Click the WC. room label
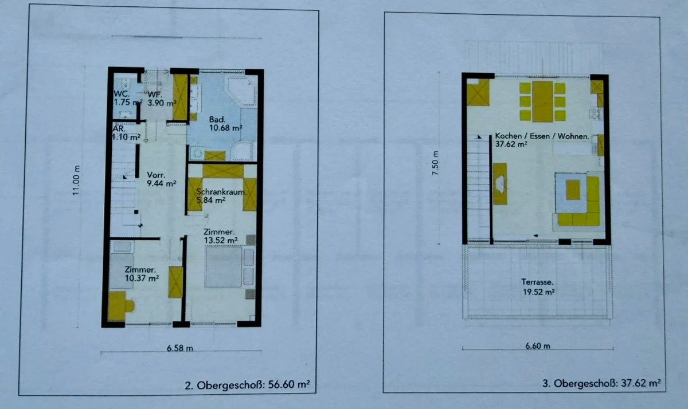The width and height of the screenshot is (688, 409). [122, 94]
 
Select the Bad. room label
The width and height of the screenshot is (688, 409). [217, 119]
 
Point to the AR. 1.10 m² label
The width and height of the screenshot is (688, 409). [126, 132]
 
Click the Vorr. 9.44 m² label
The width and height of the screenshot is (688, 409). [161, 179]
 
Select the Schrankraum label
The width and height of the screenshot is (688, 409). [221, 192]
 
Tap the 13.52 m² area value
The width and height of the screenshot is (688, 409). [221, 240]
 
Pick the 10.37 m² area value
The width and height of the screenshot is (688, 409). [142, 278]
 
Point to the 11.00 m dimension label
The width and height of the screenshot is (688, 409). [76, 180]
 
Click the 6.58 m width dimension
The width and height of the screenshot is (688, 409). [179, 348]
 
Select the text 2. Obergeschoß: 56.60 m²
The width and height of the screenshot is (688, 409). [247, 385]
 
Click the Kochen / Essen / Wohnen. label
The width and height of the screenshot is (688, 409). [542, 136]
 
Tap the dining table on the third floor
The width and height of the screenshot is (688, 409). [543, 101]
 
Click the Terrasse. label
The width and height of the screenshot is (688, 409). [537, 282]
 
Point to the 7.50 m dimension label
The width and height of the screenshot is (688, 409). [435, 163]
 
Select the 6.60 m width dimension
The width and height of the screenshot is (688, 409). [538, 346]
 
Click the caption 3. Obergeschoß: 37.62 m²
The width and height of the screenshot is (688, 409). [601, 383]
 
